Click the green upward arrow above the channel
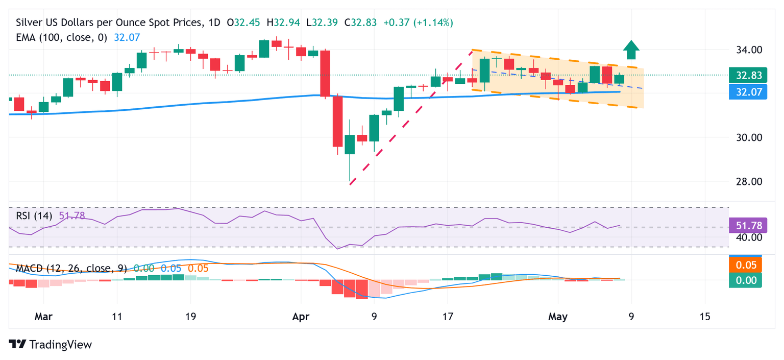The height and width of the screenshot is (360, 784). (x=631, y=50)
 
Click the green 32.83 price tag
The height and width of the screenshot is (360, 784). (x=749, y=76)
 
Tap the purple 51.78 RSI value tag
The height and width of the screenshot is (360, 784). (x=749, y=225)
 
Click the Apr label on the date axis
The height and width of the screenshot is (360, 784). (x=301, y=317)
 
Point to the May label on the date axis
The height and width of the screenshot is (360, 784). (x=558, y=317)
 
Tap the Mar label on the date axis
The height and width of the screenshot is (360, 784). (x=43, y=317)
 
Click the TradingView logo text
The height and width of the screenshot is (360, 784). (x=51, y=345)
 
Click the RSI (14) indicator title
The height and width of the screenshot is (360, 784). (x=34, y=215)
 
